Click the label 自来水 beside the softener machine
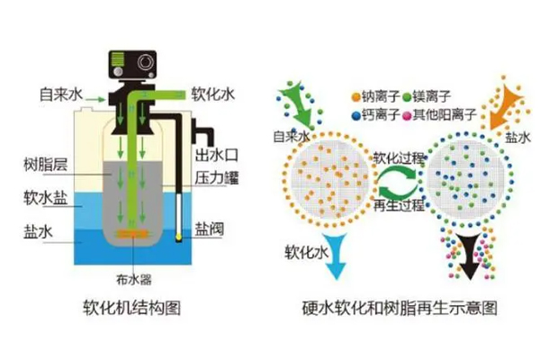[x=59, y=94]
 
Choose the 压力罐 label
[x=216, y=177]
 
